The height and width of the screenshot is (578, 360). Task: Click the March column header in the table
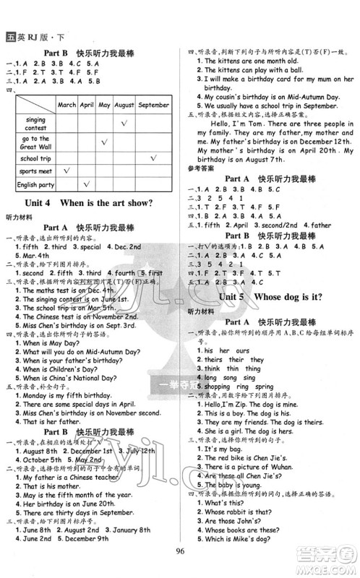coord(67,104)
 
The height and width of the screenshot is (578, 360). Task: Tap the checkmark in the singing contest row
coord(124,123)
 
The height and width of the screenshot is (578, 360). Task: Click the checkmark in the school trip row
coord(153,158)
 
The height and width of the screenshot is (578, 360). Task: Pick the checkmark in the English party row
coord(86,186)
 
